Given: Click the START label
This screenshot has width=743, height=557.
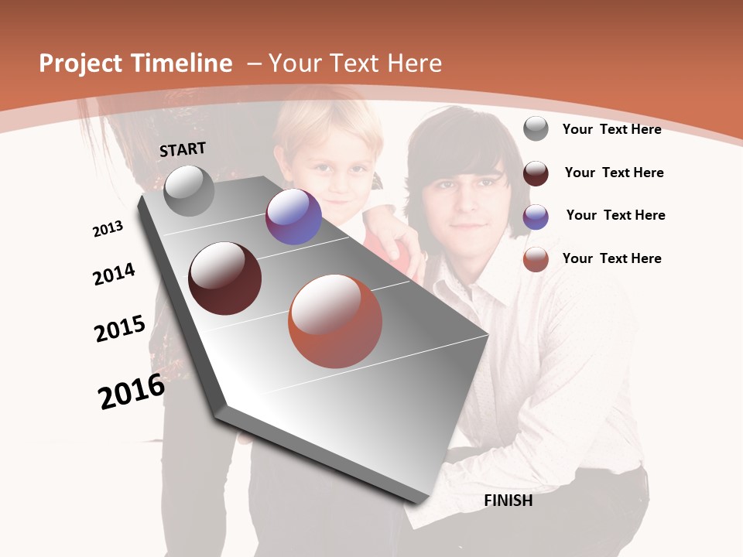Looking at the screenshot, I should point(183,149).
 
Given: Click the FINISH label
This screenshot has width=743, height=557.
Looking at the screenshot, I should point(508,501).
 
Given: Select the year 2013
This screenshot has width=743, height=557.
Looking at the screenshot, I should point(108,229).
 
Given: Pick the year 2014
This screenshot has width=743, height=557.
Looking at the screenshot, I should point(114,274).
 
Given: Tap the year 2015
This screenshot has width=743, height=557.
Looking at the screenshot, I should point(120,329).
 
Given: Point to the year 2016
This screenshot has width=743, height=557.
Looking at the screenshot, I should point(132,391).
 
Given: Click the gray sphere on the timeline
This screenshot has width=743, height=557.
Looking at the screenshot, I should point(189,190).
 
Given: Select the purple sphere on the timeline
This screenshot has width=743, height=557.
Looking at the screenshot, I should point(293,217).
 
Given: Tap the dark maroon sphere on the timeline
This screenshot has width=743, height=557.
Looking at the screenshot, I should point(224,278).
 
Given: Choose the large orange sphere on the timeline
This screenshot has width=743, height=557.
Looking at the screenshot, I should point(335,321).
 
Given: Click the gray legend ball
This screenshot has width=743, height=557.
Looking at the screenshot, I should point(536,128).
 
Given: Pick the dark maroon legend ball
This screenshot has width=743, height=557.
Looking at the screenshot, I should point(536,173).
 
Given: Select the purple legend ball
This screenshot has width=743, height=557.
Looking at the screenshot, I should point(536,217).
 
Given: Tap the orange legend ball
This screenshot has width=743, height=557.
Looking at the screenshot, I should point(536,259).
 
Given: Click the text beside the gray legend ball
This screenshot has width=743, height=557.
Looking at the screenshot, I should point(611,129).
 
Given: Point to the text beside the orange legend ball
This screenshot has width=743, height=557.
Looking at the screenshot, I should point(611,258).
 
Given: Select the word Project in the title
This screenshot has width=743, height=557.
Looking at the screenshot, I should point(80,63).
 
